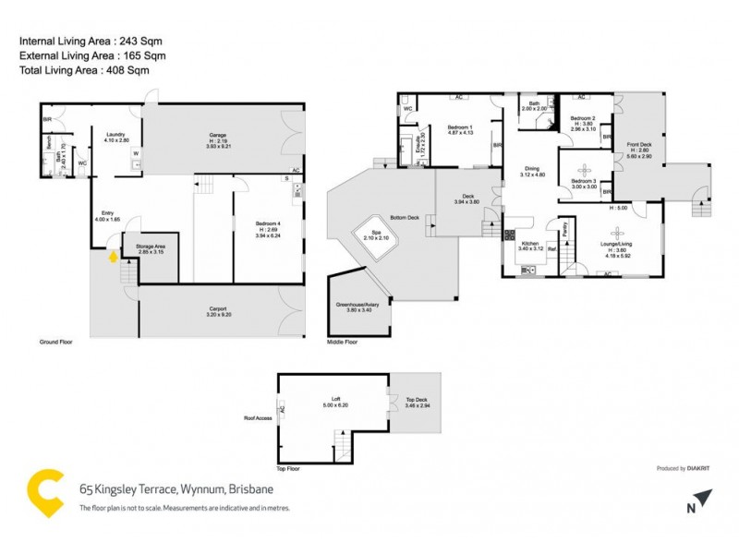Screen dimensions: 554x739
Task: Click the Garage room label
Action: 217,135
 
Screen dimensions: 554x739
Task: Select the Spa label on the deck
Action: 376,232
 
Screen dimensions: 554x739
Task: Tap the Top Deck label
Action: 417,400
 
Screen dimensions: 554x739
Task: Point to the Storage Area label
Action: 150,246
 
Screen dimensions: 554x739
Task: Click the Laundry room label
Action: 115,135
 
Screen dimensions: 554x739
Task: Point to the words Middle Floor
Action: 343,342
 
